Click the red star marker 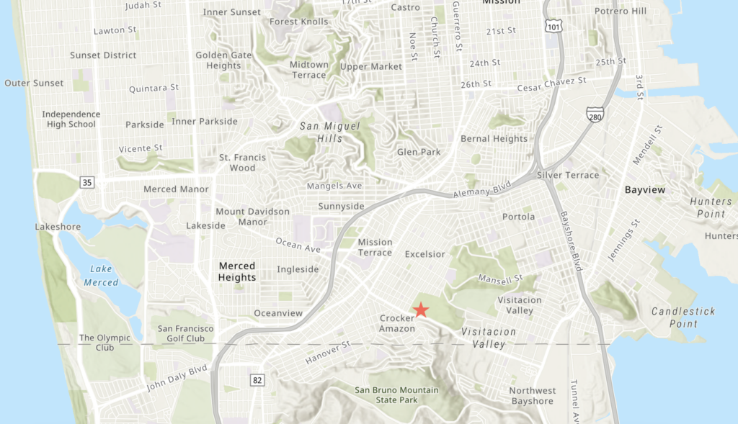(421, 310)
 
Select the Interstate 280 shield (595, 114)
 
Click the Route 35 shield (87, 183)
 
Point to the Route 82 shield (257, 379)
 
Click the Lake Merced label (101, 276)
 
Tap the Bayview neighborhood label (644, 190)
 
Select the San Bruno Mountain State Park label (396, 395)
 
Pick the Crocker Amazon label (397, 323)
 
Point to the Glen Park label (419, 152)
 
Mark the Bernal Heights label (494, 139)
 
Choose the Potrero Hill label (621, 12)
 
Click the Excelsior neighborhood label (426, 254)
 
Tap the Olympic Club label (105, 343)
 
